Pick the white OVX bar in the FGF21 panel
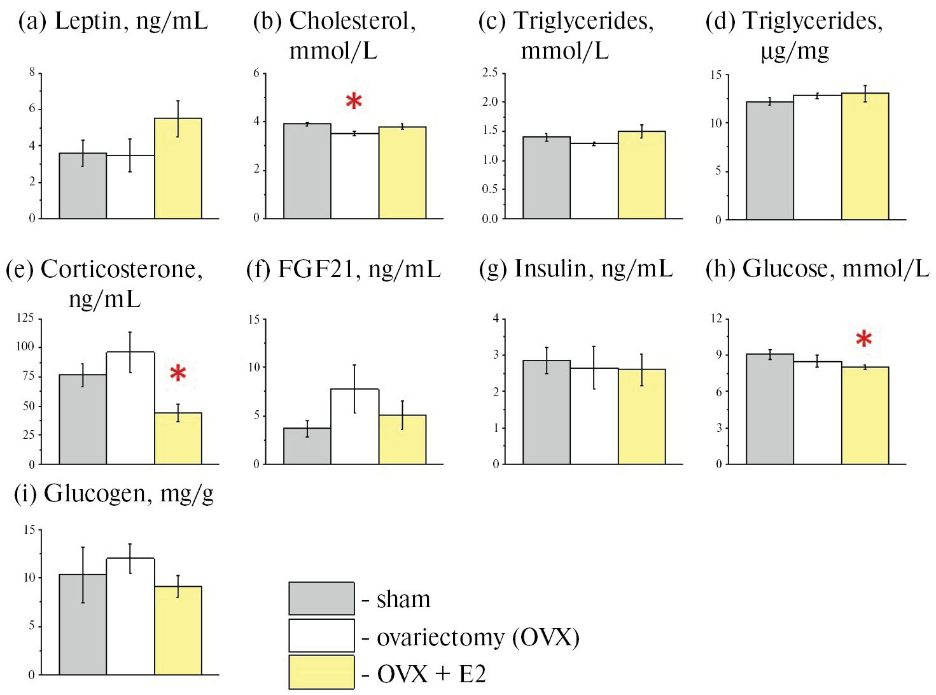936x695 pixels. coord(355,426)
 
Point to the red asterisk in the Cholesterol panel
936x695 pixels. coord(354,101)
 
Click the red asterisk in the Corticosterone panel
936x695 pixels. coord(178,373)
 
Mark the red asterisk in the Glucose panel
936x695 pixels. coord(863,339)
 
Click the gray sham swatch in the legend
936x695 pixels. coord(321,598)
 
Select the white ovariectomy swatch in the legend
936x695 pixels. coord(321,636)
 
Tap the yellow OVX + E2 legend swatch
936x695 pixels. coord(321,672)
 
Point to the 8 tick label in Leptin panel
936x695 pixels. coord(32,73)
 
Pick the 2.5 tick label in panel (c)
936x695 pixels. coord(489,73)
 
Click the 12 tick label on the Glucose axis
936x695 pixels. coord(716,319)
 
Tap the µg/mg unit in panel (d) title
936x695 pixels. coord(795,51)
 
